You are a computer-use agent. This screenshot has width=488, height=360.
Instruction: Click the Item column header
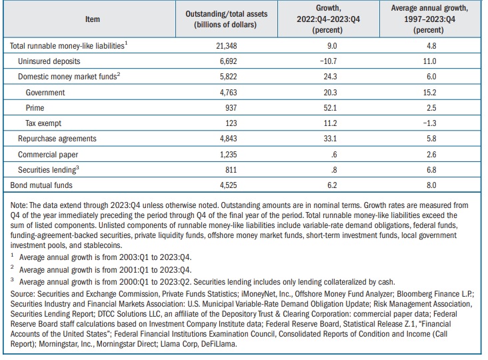[x=93, y=19]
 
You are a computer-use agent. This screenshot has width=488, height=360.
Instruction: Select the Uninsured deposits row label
[x=49, y=61]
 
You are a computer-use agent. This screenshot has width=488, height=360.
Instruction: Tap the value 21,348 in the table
[x=226, y=46]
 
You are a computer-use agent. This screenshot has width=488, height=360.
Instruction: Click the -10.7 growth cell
[x=328, y=61]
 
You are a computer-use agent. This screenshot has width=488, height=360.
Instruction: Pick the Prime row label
[x=35, y=108]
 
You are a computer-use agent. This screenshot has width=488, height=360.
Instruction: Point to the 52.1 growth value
[x=330, y=108]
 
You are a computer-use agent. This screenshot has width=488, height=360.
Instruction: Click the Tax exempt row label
[x=43, y=123]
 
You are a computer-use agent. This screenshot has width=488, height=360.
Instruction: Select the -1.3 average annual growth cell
[x=429, y=123]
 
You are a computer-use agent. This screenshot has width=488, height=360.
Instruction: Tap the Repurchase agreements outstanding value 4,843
[x=228, y=139]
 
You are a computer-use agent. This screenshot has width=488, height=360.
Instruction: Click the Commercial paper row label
[x=48, y=155]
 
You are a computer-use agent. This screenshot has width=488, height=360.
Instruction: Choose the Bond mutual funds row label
[x=41, y=185]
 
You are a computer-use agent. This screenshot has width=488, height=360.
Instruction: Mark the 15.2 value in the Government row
[x=429, y=93]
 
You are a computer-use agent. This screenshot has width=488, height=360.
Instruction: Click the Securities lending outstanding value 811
[x=231, y=170]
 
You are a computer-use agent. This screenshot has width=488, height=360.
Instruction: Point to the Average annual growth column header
[x=429, y=19]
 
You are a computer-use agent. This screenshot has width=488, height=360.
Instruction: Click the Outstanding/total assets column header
[x=226, y=19]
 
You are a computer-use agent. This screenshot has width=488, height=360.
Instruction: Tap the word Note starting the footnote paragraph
[x=19, y=205]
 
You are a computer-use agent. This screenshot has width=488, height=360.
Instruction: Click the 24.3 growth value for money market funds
[x=330, y=77]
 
